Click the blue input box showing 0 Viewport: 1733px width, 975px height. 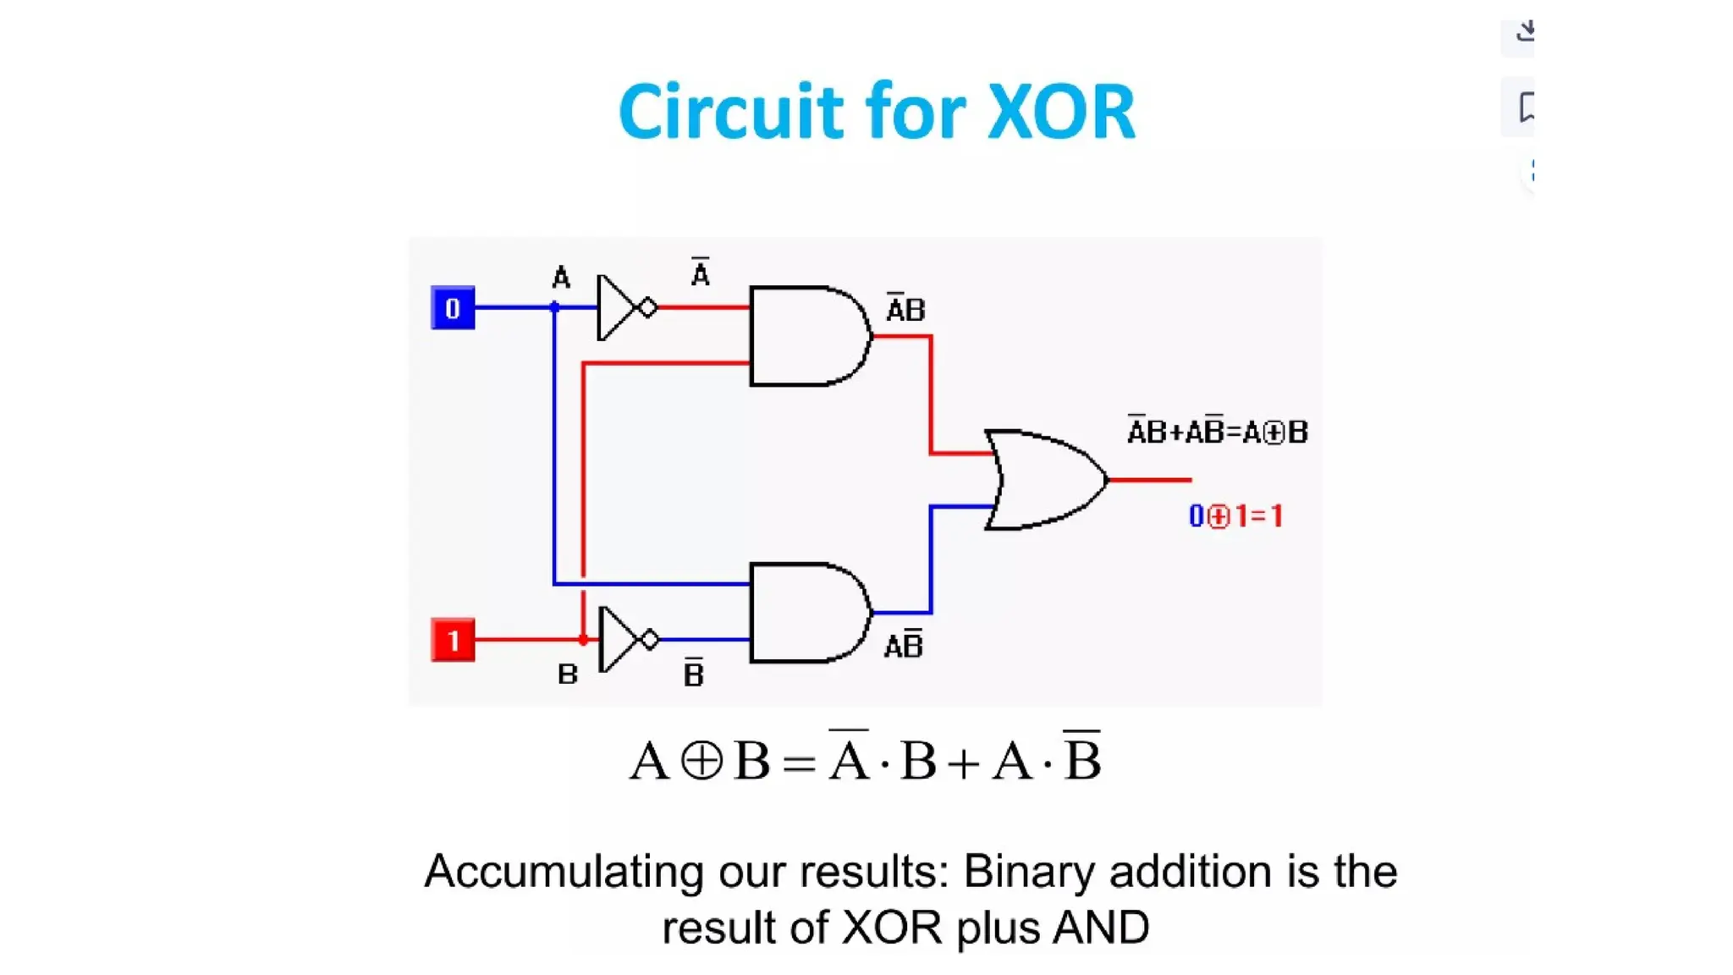tap(453, 308)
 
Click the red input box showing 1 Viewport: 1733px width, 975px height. tap(453, 640)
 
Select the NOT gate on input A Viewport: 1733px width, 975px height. tap(622, 307)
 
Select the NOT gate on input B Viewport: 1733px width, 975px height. tap(624, 640)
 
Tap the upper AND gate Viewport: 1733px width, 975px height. tap(806, 336)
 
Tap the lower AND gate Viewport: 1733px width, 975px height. tap(806, 613)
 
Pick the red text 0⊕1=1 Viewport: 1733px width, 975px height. tap(1236, 515)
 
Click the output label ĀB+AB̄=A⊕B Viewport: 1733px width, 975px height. tap(1217, 432)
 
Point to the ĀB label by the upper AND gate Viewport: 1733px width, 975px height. tap(905, 310)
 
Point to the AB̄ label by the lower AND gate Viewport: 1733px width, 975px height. tap(903, 646)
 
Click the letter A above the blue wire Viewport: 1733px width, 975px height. tap(561, 278)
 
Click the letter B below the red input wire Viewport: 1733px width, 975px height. tap(568, 675)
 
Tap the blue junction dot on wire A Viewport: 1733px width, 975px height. tap(554, 307)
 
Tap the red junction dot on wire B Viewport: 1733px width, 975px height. tap(583, 640)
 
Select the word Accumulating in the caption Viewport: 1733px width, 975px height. tap(564, 872)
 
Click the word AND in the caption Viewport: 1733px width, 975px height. tap(1101, 928)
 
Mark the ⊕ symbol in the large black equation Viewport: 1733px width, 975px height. tap(701, 760)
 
